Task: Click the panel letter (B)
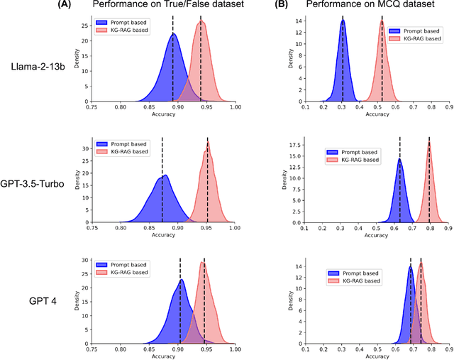tap(280, 5)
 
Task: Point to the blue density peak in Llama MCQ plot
tap(343, 21)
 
